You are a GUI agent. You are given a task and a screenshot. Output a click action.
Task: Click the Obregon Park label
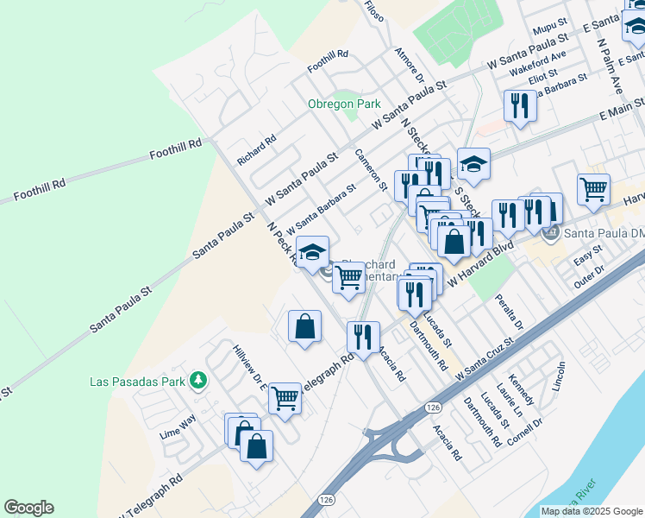pyautogui.click(x=344, y=104)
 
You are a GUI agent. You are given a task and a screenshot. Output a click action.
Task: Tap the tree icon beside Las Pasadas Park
pyautogui.click(x=198, y=381)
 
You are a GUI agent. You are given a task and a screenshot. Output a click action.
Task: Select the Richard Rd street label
pyautogui.click(x=256, y=148)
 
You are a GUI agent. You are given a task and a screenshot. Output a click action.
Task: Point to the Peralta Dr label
pyautogui.click(x=510, y=312)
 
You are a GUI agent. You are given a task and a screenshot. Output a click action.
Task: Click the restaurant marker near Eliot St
pyautogui.click(x=520, y=105)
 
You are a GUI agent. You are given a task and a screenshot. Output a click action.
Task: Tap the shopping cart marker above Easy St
pyautogui.click(x=593, y=188)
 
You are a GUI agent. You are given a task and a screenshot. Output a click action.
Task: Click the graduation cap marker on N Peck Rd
pyautogui.click(x=312, y=251)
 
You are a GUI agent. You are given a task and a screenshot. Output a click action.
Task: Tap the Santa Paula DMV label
pyautogui.click(x=602, y=232)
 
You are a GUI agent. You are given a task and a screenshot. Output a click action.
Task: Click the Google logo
pyautogui.click(x=28, y=508)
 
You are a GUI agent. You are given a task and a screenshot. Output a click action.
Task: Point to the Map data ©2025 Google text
pyautogui.click(x=591, y=511)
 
